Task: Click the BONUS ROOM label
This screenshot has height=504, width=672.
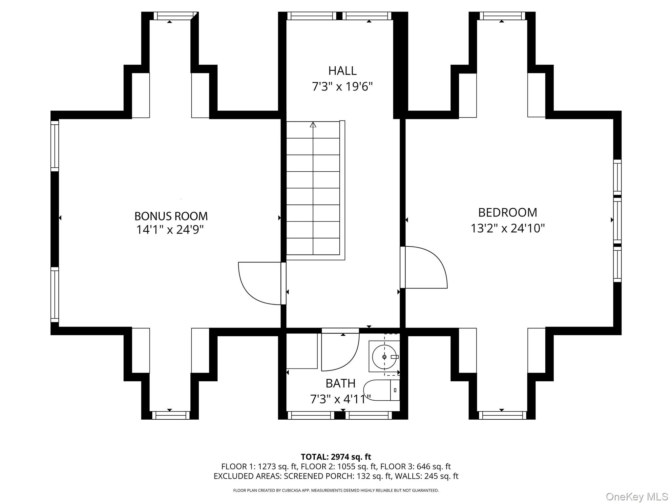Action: click(x=171, y=216)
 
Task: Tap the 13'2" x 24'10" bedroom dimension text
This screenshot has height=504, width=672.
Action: click(x=508, y=228)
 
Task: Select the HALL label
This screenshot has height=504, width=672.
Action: click(x=342, y=71)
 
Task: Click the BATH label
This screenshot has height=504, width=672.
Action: click(x=340, y=383)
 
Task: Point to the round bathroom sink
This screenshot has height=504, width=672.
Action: click(x=384, y=357)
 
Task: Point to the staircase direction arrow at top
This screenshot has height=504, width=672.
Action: click(x=313, y=125)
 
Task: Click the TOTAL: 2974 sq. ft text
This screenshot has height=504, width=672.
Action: click(x=336, y=457)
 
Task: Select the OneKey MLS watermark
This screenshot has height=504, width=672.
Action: click(x=637, y=496)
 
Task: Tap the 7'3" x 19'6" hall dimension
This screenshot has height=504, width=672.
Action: click(x=342, y=87)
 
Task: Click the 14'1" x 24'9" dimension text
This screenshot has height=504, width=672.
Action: click(x=170, y=230)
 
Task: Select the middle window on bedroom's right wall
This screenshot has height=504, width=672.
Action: click(x=617, y=220)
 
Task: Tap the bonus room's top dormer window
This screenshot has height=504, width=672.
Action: click(x=173, y=16)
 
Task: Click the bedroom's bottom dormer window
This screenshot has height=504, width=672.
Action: click(x=502, y=415)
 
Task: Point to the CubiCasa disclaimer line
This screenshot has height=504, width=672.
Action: click(x=336, y=491)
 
